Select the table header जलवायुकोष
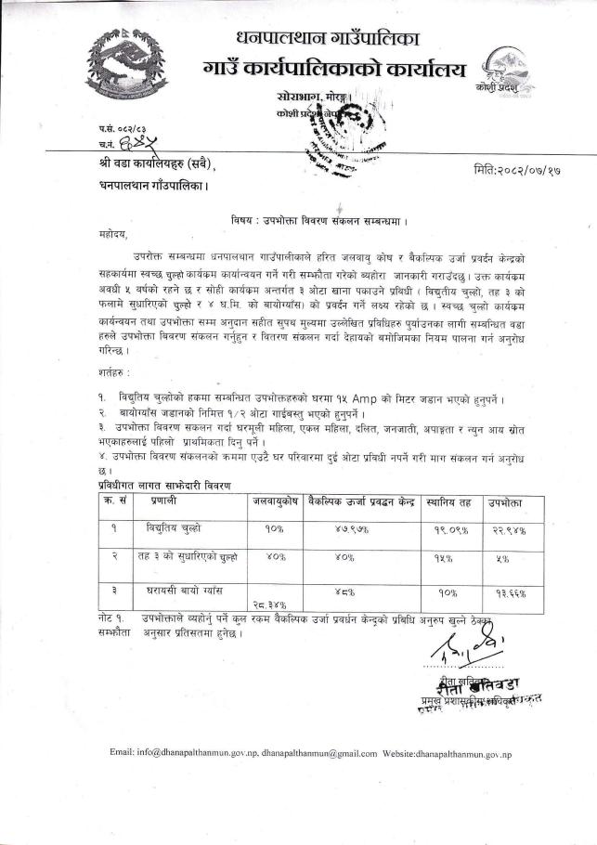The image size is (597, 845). pos(274,501)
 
